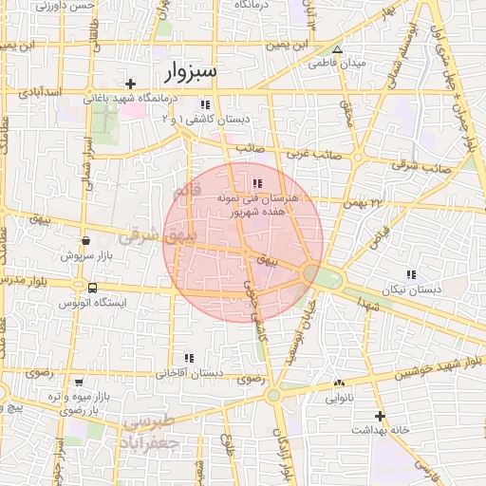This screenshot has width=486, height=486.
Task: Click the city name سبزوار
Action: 191,72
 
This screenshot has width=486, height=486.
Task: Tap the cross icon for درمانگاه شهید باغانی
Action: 131,84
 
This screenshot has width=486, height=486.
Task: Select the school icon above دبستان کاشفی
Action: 204,104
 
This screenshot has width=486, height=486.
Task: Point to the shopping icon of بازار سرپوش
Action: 86,241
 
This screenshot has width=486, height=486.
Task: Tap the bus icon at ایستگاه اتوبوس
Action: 92,288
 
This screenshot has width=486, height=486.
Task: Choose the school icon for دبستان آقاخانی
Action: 189,358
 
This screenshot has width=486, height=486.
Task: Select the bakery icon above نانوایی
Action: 339,383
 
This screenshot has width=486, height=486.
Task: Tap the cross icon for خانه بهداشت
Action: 380,416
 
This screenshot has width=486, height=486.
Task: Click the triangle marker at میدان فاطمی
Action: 336,49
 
